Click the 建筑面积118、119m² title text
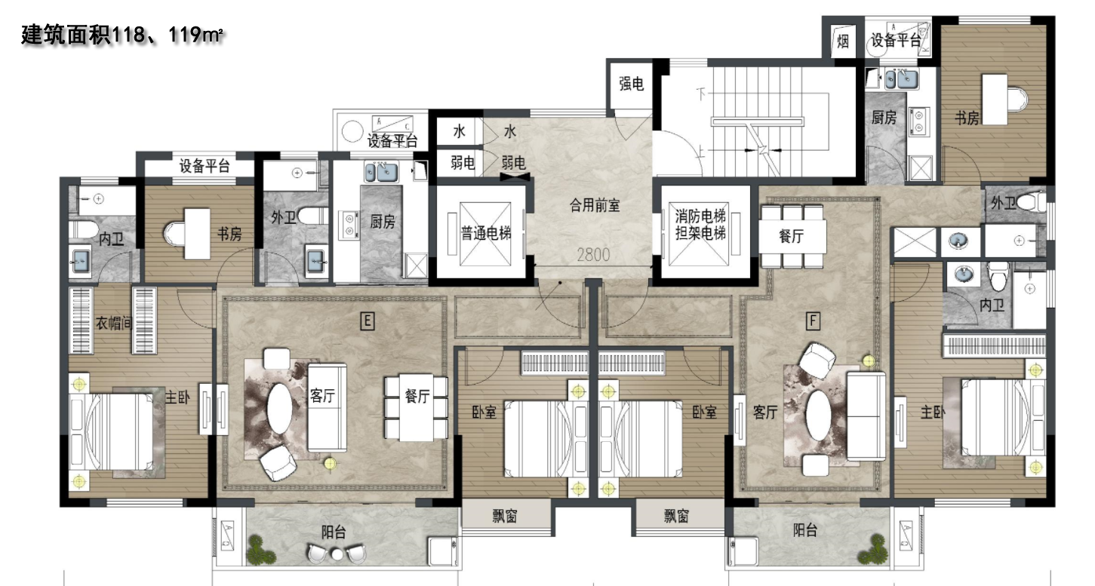point(122,35)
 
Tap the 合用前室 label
point(595,205)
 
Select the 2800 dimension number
point(593,254)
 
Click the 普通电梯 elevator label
point(486,234)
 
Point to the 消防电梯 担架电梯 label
point(700,224)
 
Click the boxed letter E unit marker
point(367,321)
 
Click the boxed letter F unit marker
point(813,321)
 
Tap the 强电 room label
point(631,84)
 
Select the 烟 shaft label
point(843,41)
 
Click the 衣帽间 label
point(113,323)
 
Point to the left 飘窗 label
point(504,516)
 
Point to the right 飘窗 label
point(677,516)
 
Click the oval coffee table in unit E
point(280,408)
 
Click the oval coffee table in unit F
point(818,416)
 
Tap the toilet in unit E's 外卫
point(313,216)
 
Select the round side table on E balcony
point(337,554)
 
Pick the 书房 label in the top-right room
point(967,118)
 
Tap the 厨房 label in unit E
point(383,222)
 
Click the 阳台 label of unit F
point(805,530)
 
